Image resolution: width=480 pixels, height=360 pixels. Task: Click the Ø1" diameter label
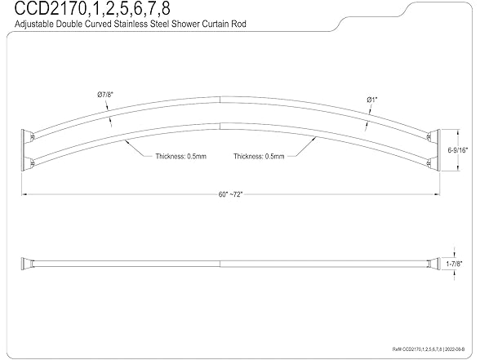pos(372,100)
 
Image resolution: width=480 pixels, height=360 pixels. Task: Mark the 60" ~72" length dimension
pos(230,193)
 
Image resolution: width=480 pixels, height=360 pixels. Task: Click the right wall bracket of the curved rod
pos(434,147)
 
